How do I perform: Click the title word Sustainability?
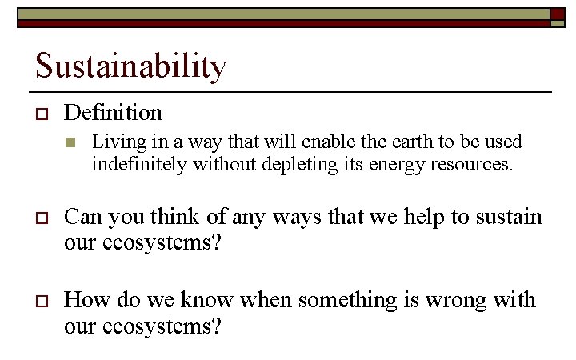pos(131,66)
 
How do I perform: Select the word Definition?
pos(113,113)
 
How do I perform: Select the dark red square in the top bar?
pos(558,14)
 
